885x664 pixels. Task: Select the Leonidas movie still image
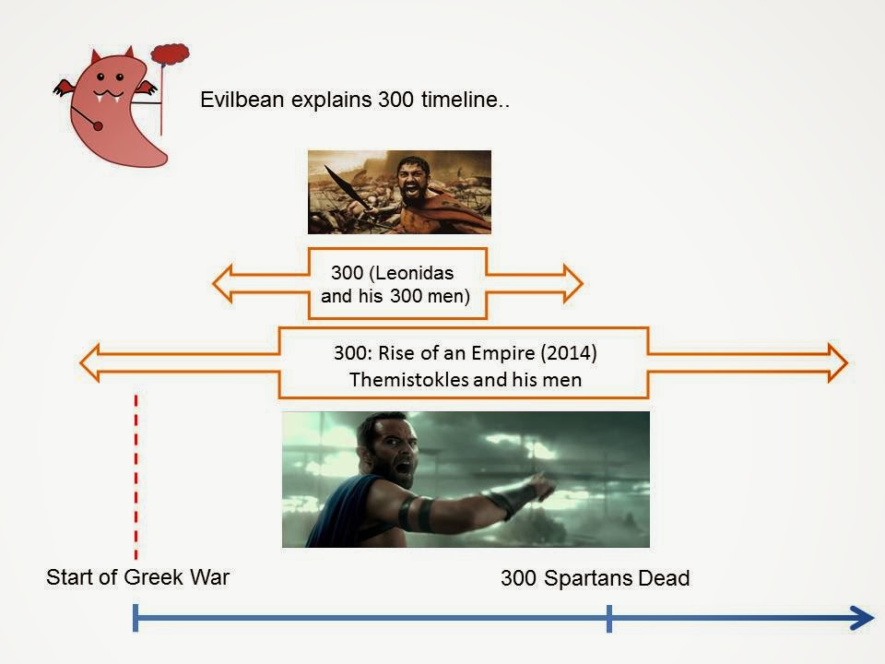(x=399, y=192)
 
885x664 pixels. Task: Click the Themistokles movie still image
(x=466, y=480)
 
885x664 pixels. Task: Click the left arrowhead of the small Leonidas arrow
(x=226, y=283)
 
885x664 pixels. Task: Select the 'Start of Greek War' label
(x=137, y=577)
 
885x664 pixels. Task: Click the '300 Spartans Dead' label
(x=595, y=579)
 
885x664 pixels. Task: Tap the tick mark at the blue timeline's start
(x=136, y=618)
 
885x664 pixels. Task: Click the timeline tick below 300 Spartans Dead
(x=608, y=618)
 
